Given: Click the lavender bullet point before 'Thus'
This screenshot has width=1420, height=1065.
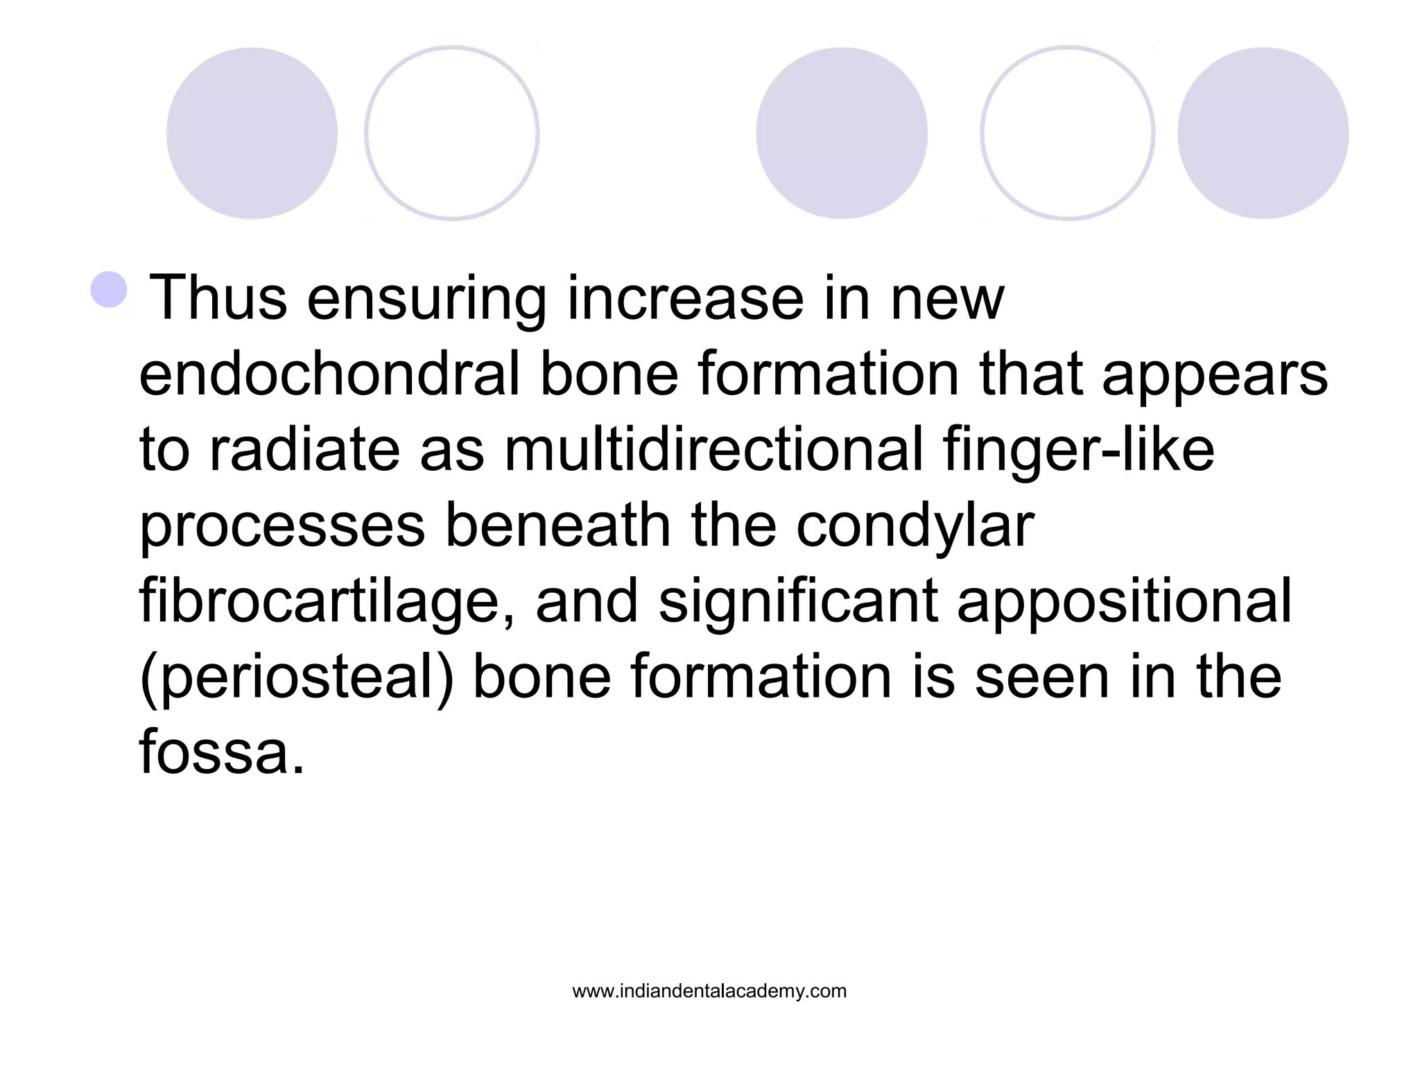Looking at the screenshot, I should point(110,290).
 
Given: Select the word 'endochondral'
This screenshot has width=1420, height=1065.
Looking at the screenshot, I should point(329,374).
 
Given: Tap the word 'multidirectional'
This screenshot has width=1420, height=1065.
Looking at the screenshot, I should point(713,449).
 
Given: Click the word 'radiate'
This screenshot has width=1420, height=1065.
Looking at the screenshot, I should point(304,449).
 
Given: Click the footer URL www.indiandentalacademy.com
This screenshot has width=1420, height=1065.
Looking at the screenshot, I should point(709,992).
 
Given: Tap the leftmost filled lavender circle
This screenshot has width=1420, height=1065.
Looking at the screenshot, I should point(252,133).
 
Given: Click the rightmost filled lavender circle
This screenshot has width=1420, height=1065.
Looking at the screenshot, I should point(1263,133).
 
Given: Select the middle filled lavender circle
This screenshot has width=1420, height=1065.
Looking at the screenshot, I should point(841,133).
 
